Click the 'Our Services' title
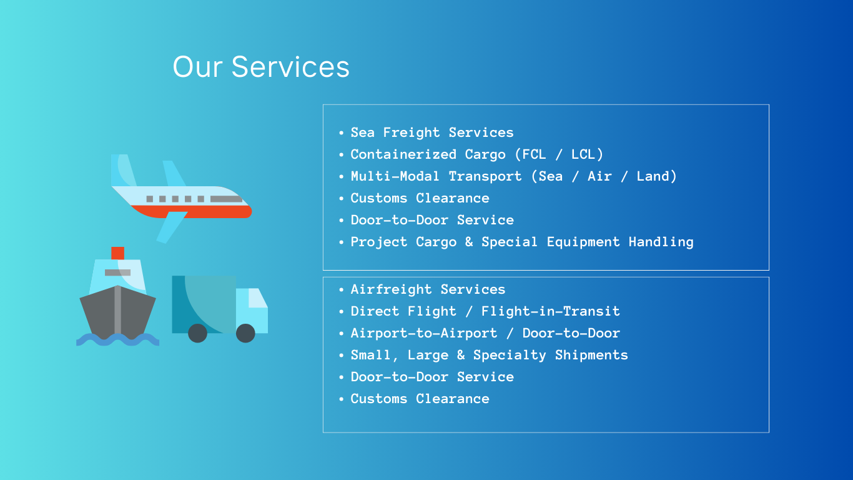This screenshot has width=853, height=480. [261, 67]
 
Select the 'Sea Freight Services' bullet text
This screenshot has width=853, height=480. [432, 132]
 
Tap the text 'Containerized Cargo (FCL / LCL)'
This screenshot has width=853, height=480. [476, 154]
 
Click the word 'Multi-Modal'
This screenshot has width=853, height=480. [395, 176]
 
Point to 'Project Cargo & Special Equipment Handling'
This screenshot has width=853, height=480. [522, 242]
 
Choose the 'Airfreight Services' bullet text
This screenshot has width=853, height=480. [428, 289]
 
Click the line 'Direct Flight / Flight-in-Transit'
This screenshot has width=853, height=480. [485, 311]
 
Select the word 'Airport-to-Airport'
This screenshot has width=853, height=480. [424, 333]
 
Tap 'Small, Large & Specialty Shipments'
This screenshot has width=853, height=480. [489, 356]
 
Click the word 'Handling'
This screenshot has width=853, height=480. [661, 242]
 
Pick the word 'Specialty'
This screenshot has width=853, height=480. [510, 356]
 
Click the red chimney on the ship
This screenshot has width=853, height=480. [117, 253]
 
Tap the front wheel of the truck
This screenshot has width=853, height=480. [245, 333]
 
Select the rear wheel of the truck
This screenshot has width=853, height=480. [197, 333]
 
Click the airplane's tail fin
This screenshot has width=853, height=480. [123, 170]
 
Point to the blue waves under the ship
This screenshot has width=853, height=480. [117, 340]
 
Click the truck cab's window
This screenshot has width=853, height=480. [257, 297]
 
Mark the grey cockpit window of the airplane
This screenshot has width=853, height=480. [226, 199]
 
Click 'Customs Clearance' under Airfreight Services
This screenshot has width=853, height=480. [420, 399]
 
